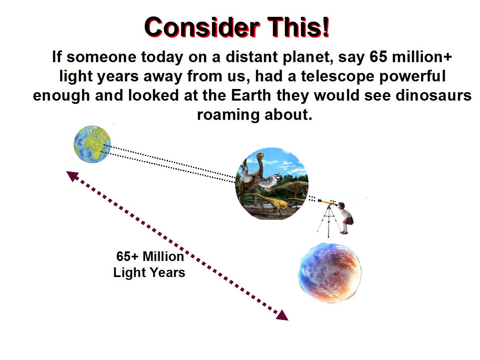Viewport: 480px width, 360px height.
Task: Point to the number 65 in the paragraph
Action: (378, 57)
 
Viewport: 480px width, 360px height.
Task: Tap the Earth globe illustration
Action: (92, 144)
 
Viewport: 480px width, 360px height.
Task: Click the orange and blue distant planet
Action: (330, 273)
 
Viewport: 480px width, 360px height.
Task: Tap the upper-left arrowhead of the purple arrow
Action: (72, 176)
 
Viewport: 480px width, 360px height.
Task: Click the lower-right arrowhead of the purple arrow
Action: (282, 316)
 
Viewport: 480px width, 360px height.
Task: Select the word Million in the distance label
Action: (163, 257)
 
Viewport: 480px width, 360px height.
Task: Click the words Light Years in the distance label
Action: (149, 273)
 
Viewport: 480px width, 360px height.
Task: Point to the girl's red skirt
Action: (348, 220)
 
